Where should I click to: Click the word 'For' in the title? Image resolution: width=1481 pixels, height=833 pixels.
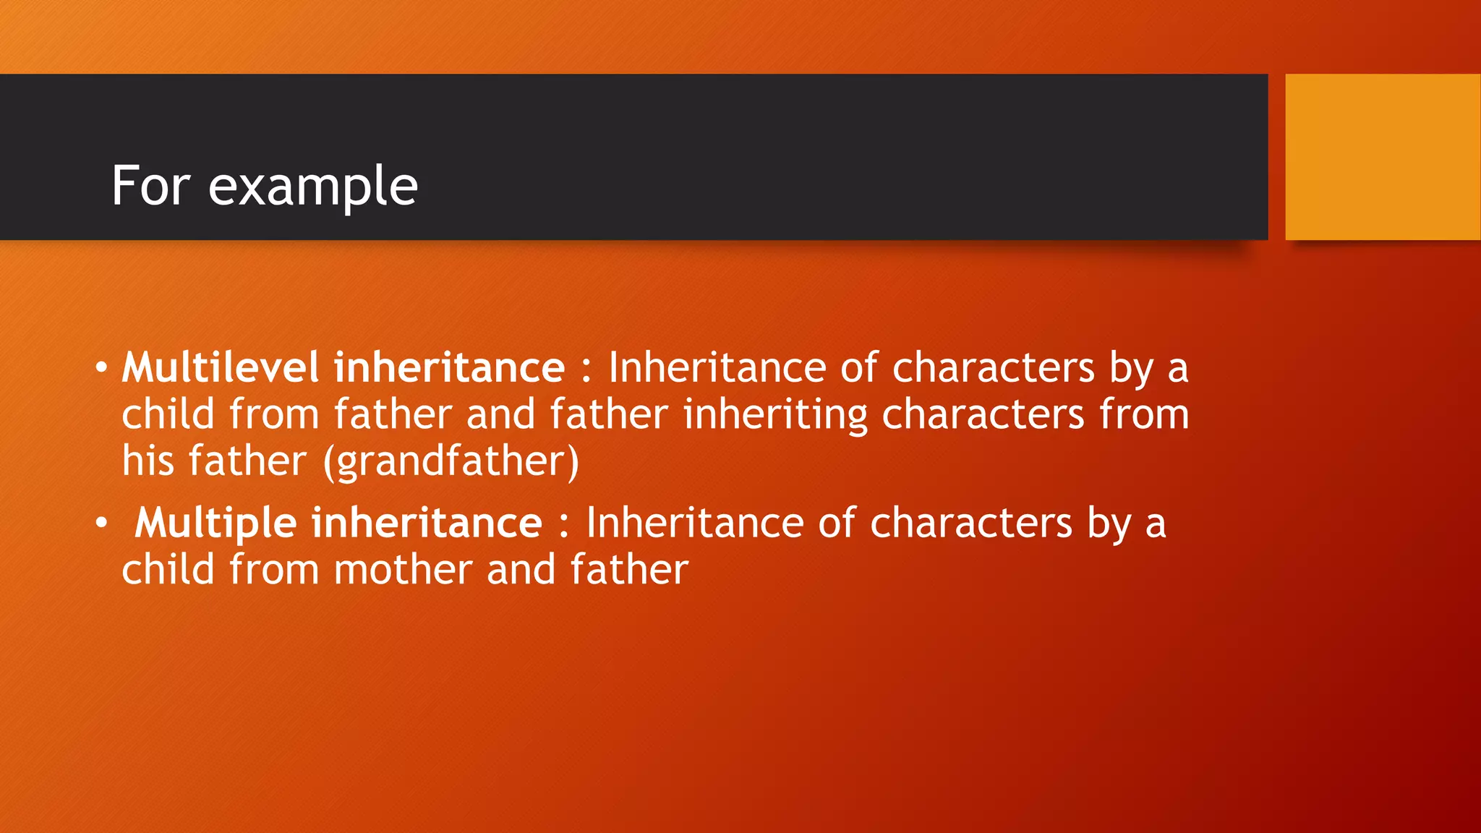coord(150,186)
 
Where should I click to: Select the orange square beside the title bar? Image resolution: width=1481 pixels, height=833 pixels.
coord(1383,157)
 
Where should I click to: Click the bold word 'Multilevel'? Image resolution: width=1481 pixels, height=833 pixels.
coord(220,367)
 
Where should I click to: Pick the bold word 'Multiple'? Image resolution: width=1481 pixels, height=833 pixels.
coord(215,524)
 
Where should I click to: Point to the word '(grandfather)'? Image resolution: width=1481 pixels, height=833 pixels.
coord(451,461)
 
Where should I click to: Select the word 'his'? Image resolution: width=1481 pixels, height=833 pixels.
coord(148,461)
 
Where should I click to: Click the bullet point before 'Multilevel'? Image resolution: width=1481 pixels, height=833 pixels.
coord(101,367)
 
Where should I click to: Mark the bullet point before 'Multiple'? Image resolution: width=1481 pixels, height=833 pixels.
coord(101,522)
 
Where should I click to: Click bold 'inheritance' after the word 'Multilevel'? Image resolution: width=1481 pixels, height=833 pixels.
coord(448,367)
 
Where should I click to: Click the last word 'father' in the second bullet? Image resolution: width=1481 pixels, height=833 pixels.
coord(629,570)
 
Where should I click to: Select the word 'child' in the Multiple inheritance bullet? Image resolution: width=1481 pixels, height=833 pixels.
coord(168,570)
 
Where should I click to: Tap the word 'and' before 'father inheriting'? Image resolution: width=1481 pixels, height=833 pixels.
coord(500,414)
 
